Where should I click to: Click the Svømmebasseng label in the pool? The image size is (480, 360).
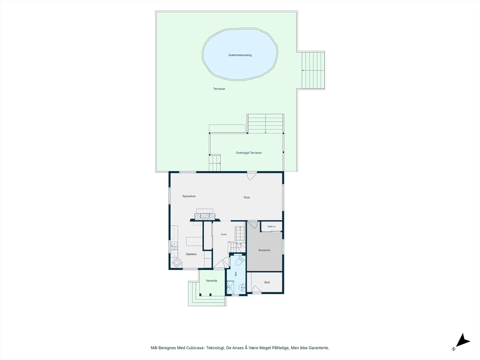[x=240, y=55]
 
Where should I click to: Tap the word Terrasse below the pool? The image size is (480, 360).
[x=219, y=89]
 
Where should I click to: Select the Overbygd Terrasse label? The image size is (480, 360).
[x=249, y=153]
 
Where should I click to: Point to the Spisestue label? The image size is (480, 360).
[x=189, y=196]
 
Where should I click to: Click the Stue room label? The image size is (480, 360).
[x=247, y=197]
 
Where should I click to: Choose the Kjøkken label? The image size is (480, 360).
[x=191, y=254]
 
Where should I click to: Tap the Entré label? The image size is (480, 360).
[x=224, y=235]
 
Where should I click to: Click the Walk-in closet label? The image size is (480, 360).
[x=271, y=226]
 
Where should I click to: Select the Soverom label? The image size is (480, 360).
[x=264, y=250]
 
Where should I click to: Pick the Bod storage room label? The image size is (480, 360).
[x=267, y=282]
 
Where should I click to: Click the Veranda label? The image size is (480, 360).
[x=211, y=281]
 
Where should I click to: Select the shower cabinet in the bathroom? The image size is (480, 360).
[x=230, y=287]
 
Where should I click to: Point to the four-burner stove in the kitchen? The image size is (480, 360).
[x=177, y=262]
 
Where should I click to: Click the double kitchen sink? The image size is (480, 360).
[x=174, y=246]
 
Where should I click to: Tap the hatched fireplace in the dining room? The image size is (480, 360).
[x=205, y=216]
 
